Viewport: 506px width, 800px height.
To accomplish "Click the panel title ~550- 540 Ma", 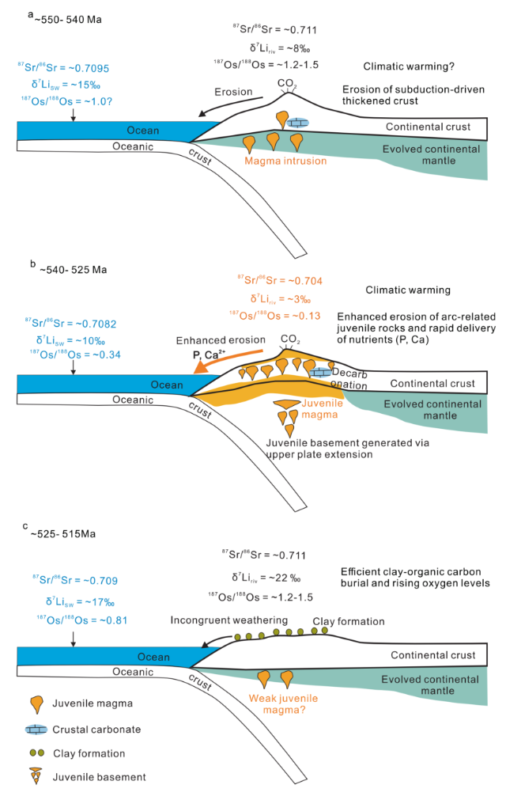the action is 68,20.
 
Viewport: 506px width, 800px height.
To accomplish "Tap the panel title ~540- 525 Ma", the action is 74,270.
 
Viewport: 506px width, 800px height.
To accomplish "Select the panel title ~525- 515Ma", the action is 63,534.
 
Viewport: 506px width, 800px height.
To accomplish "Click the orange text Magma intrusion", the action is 285,161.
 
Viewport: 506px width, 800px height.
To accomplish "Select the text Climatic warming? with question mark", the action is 409,66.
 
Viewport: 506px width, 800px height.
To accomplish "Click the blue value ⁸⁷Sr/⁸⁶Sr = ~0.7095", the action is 63,67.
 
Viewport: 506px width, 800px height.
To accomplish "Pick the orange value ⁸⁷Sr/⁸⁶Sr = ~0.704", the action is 280,280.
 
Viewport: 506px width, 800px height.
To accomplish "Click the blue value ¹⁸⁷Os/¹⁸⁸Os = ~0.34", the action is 75,354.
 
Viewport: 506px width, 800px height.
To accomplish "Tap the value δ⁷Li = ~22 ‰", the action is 266,578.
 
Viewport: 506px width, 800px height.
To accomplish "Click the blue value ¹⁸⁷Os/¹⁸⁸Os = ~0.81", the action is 81,620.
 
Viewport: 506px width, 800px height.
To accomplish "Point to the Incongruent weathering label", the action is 228,620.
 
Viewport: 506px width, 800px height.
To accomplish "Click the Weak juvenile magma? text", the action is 283,704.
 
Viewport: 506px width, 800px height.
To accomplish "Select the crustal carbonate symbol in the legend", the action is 36,730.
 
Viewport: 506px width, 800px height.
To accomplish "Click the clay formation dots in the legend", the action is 37,753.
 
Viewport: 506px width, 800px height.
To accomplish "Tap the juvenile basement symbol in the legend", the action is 36,776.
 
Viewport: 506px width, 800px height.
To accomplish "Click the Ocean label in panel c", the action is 153,657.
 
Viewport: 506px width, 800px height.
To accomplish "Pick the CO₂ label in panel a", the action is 287,83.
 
